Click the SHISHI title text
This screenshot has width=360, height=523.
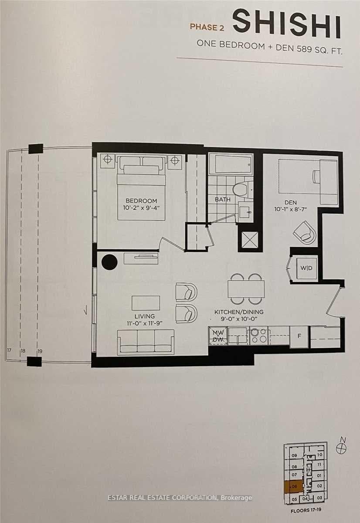click(x=287, y=24)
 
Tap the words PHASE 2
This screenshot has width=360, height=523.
click(x=207, y=27)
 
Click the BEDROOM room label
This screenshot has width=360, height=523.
click(x=141, y=200)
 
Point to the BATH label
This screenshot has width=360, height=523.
click(x=222, y=200)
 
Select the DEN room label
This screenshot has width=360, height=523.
click(x=290, y=202)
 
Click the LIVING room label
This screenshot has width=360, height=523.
click(x=145, y=316)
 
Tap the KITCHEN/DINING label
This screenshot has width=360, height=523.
click(x=239, y=312)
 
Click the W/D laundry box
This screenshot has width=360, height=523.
click(x=306, y=268)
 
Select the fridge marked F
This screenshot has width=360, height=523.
click(x=299, y=336)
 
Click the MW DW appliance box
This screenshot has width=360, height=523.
click(x=218, y=336)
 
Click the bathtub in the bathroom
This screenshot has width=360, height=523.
click(x=231, y=164)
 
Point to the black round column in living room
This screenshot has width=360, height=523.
click(x=109, y=262)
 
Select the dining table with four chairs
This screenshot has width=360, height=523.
click(x=246, y=289)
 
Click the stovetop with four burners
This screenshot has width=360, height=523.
click(x=260, y=336)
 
